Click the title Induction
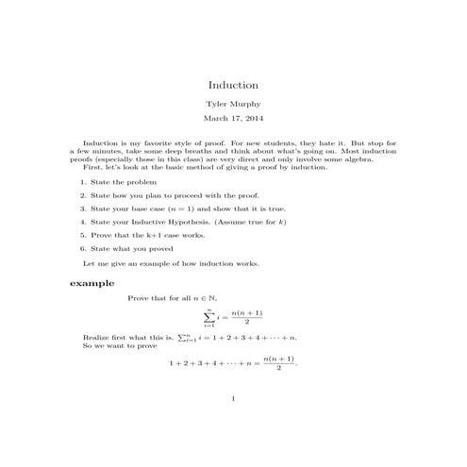[x=233, y=84]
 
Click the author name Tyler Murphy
[x=233, y=103]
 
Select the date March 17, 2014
[x=233, y=119]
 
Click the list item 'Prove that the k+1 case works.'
[x=146, y=235]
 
